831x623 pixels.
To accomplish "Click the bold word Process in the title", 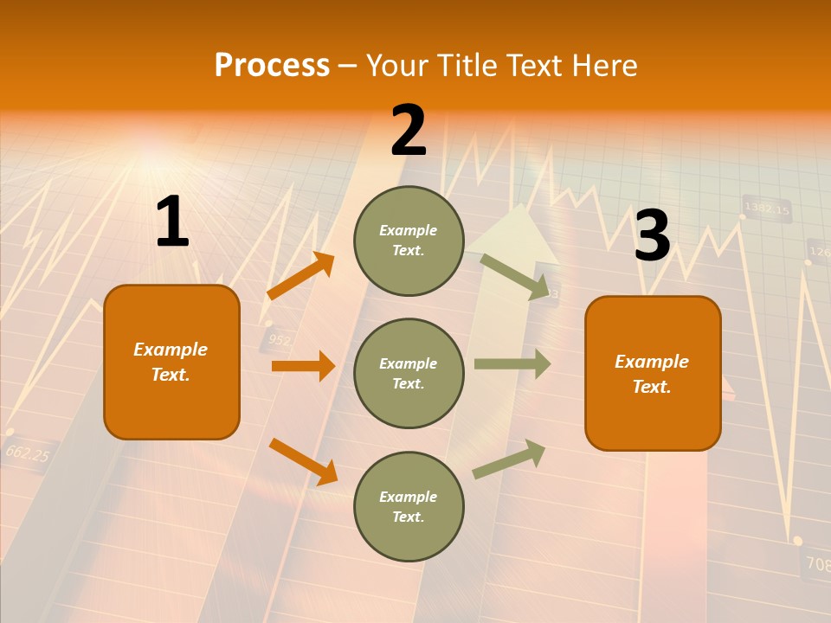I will [272, 66].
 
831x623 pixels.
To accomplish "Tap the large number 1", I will [172, 222].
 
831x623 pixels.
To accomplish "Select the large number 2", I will [409, 131].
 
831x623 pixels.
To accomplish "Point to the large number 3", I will [652, 235].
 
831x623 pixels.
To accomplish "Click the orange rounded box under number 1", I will [171, 362].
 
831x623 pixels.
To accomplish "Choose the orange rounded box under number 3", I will [653, 373].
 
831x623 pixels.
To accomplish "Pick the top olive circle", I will [409, 241].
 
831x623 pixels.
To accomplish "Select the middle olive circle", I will [409, 373].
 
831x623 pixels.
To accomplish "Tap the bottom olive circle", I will [409, 506].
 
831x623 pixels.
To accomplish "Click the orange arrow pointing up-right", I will [300, 276].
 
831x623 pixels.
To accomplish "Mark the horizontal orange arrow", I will [303, 366].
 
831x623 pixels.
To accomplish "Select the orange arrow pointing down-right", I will [303, 461].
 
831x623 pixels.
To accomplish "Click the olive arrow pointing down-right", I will [516, 277].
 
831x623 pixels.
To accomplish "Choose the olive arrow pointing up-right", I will [510, 459].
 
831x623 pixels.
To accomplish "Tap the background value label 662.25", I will [27, 453].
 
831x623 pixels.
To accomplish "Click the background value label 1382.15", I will [767, 209].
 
